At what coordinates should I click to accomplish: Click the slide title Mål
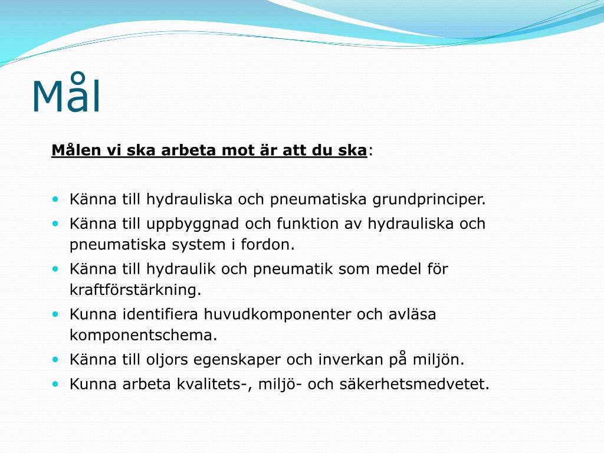66,96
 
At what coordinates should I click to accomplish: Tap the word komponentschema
143,335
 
